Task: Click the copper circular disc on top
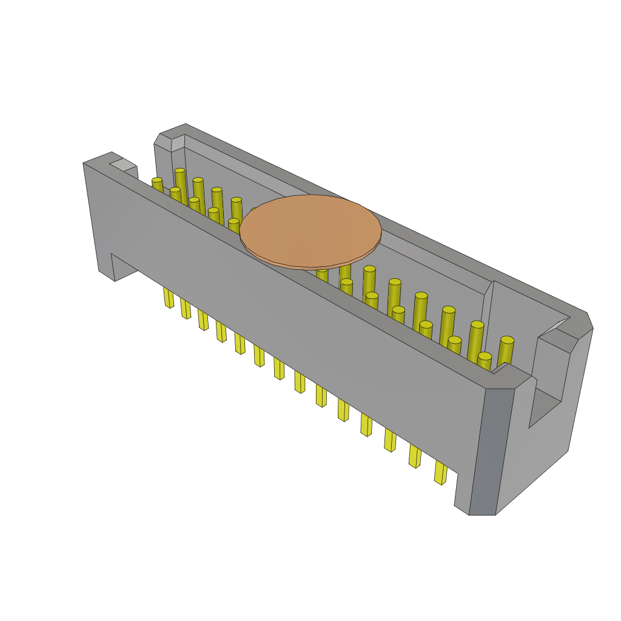310,230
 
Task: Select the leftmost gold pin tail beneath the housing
168,297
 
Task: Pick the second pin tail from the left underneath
185,308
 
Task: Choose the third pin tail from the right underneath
389,440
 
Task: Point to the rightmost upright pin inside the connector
506,352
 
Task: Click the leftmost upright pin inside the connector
157,185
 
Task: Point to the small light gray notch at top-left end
123,164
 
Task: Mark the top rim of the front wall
303,273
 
